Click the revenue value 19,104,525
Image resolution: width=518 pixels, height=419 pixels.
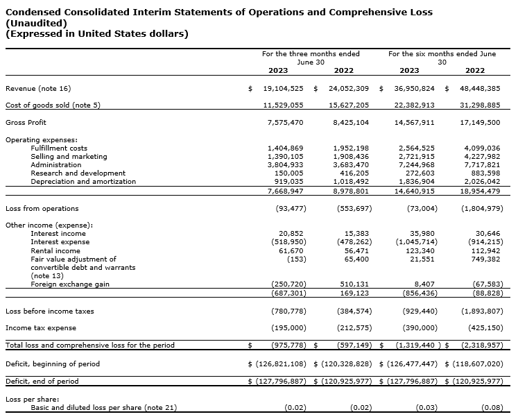click(283, 89)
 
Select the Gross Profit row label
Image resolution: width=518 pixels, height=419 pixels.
click(26, 123)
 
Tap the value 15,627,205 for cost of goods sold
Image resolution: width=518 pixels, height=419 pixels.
click(349, 105)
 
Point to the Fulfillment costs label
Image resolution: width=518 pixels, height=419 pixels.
click(59, 148)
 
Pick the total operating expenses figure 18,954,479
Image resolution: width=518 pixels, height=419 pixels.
click(480, 191)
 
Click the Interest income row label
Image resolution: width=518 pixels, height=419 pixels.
click(58, 234)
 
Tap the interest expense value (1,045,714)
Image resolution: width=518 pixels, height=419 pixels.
click(415, 242)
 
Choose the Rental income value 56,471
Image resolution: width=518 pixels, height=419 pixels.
click(356, 250)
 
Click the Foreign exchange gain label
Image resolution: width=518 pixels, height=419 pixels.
click(70, 284)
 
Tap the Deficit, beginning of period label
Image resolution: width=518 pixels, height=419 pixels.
click(53, 364)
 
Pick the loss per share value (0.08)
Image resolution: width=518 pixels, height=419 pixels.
click(491, 407)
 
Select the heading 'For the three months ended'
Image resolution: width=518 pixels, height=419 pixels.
click(311, 53)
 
